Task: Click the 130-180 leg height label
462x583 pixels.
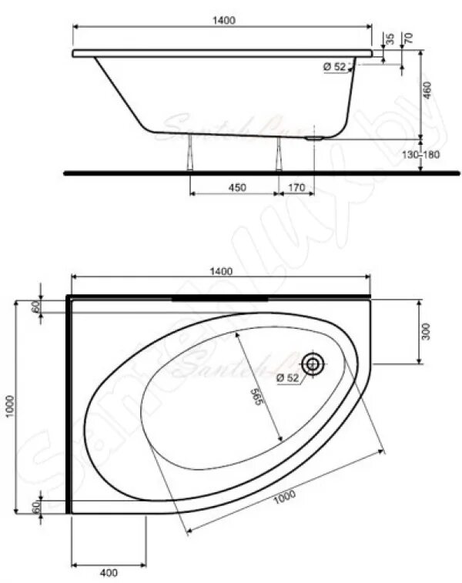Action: (x=421, y=155)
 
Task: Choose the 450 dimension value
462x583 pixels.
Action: (x=236, y=187)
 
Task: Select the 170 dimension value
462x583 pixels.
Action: (x=297, y=187)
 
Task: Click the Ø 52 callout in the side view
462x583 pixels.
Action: (x=335, y=67)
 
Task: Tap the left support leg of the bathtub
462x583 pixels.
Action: (x=190, y=156)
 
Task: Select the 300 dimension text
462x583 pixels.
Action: (x=426, y=331)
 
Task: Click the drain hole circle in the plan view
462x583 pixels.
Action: (x=313, y=364)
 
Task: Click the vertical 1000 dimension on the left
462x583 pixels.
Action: (x=9, y=407)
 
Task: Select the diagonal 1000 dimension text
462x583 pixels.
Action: (x=283, y=498)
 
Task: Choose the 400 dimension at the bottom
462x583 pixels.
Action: (x=108, y=572)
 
